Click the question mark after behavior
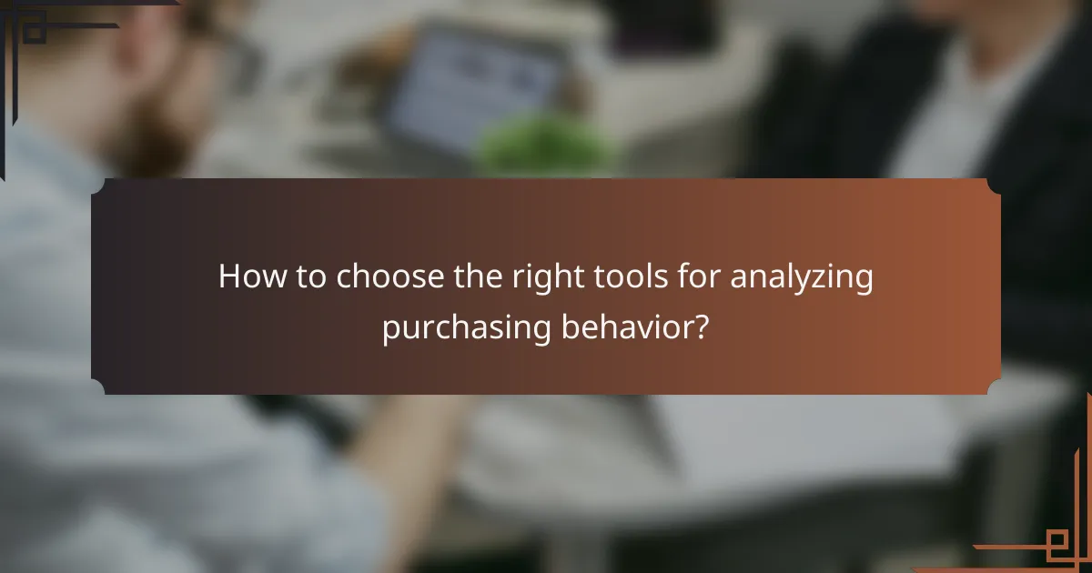(701, 327)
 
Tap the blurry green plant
(546, 146)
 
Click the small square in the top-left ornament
(34, 34)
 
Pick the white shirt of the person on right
(946, 118)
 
